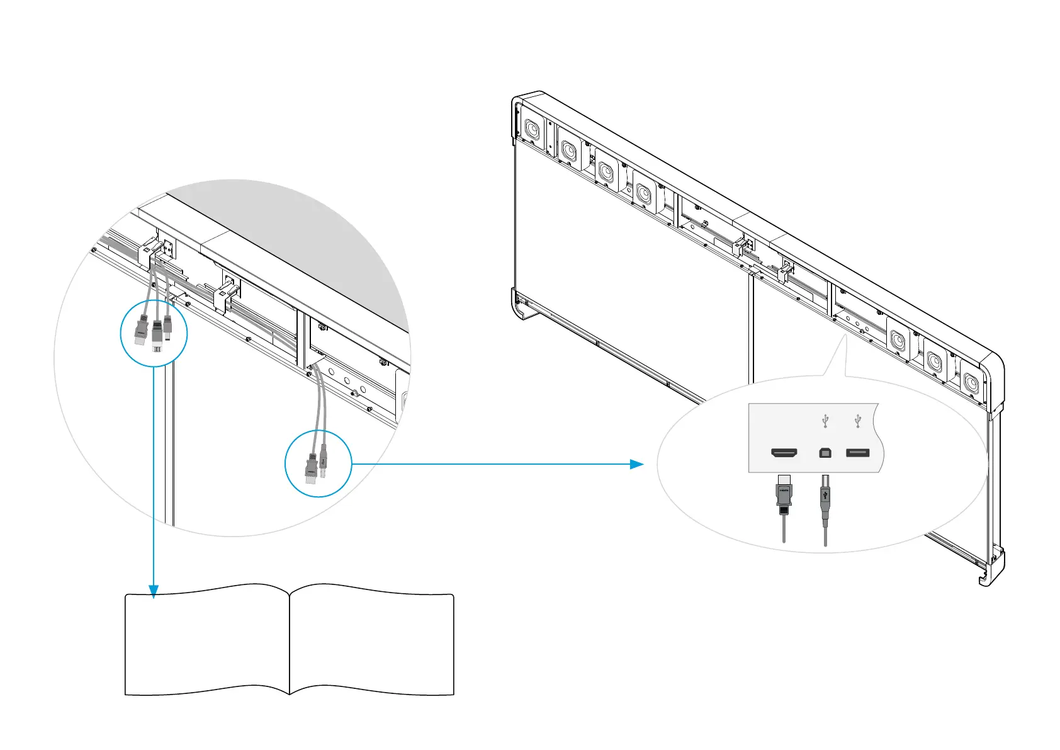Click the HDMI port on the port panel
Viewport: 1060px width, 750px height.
[x=784, y=453]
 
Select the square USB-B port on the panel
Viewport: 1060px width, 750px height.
[x=825, y=453]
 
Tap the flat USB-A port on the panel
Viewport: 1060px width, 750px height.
[x=857, y=452]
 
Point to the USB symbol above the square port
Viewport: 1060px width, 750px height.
[x=825, y=421]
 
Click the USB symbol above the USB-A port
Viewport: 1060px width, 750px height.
[x=857, y=421]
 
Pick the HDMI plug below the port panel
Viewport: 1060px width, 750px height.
[x=783, y=495]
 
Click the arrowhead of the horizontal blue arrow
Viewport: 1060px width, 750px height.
[x=637, y=464]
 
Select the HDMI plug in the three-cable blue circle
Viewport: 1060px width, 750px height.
[x=140, y=331]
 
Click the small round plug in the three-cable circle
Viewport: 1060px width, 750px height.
[x=167, y=326]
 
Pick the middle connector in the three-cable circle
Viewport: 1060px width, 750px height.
[x=156, y=334]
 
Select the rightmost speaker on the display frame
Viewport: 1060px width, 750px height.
[x=971, y=382]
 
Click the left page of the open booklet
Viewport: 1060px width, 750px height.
[x=207, y=642]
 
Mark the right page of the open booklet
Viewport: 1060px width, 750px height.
[x=371, y=642]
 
